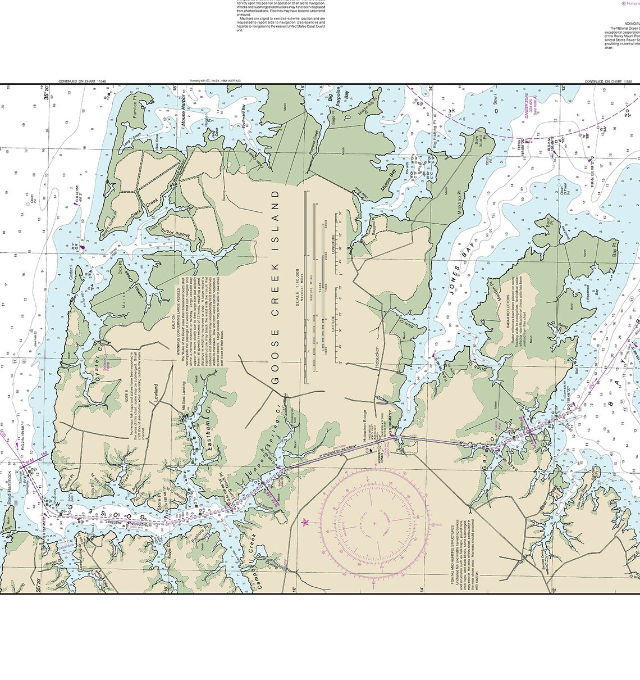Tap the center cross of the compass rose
coord(374,524)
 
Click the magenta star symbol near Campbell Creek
coord(305,522)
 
